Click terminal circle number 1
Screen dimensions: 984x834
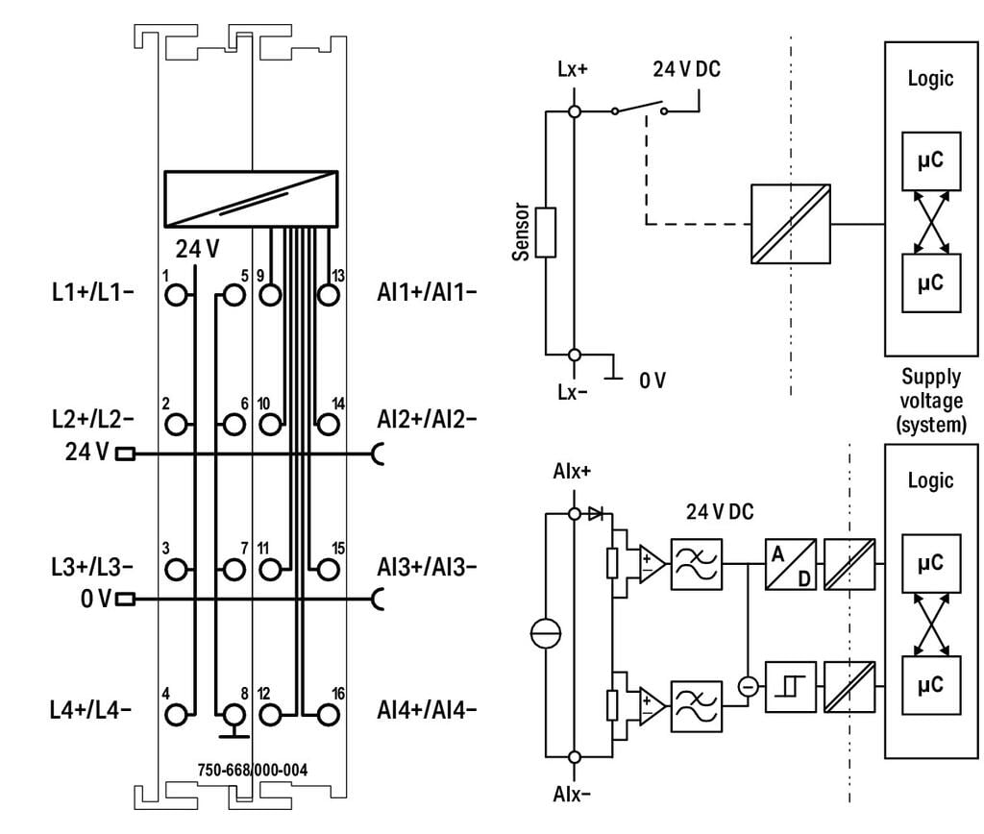(177, 295)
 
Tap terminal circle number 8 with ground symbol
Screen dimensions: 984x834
(234, 715)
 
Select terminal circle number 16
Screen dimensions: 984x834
(329, 715)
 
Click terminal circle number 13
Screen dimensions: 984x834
(329, 295)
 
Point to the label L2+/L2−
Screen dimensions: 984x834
(92, 419)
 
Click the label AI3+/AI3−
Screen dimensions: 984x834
(427, 567)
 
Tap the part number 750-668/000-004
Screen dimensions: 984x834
(253, 770)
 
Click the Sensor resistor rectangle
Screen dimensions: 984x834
(546, 233)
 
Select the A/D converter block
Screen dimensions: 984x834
(791, 564)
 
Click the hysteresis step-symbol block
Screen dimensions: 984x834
(791, 687)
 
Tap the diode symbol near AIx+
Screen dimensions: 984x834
(596, 514)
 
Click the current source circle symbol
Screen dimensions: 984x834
(546, 635)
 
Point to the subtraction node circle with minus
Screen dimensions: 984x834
(748, 687)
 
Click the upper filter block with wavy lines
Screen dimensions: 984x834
(697, 564)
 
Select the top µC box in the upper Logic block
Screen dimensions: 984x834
(931, 161)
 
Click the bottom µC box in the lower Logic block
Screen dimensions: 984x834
(931, 685)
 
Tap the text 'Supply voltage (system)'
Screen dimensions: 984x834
(931, 401)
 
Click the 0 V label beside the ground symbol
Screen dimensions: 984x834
(652, 380)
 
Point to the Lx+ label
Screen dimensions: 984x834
(573, 69)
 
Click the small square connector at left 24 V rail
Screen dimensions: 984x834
(126, 454)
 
